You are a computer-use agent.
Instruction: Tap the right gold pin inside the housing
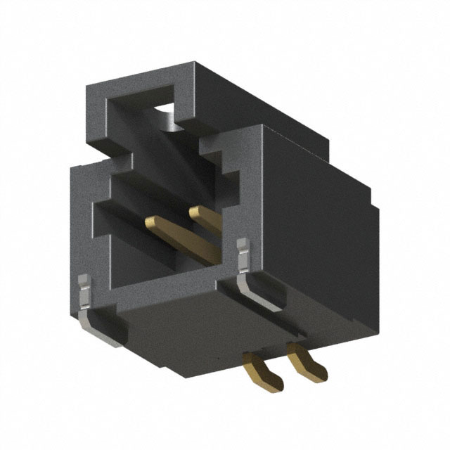tap(207, 232)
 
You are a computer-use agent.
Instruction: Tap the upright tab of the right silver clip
tap(243, 253)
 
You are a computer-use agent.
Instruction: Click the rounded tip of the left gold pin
tap(149, 223)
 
